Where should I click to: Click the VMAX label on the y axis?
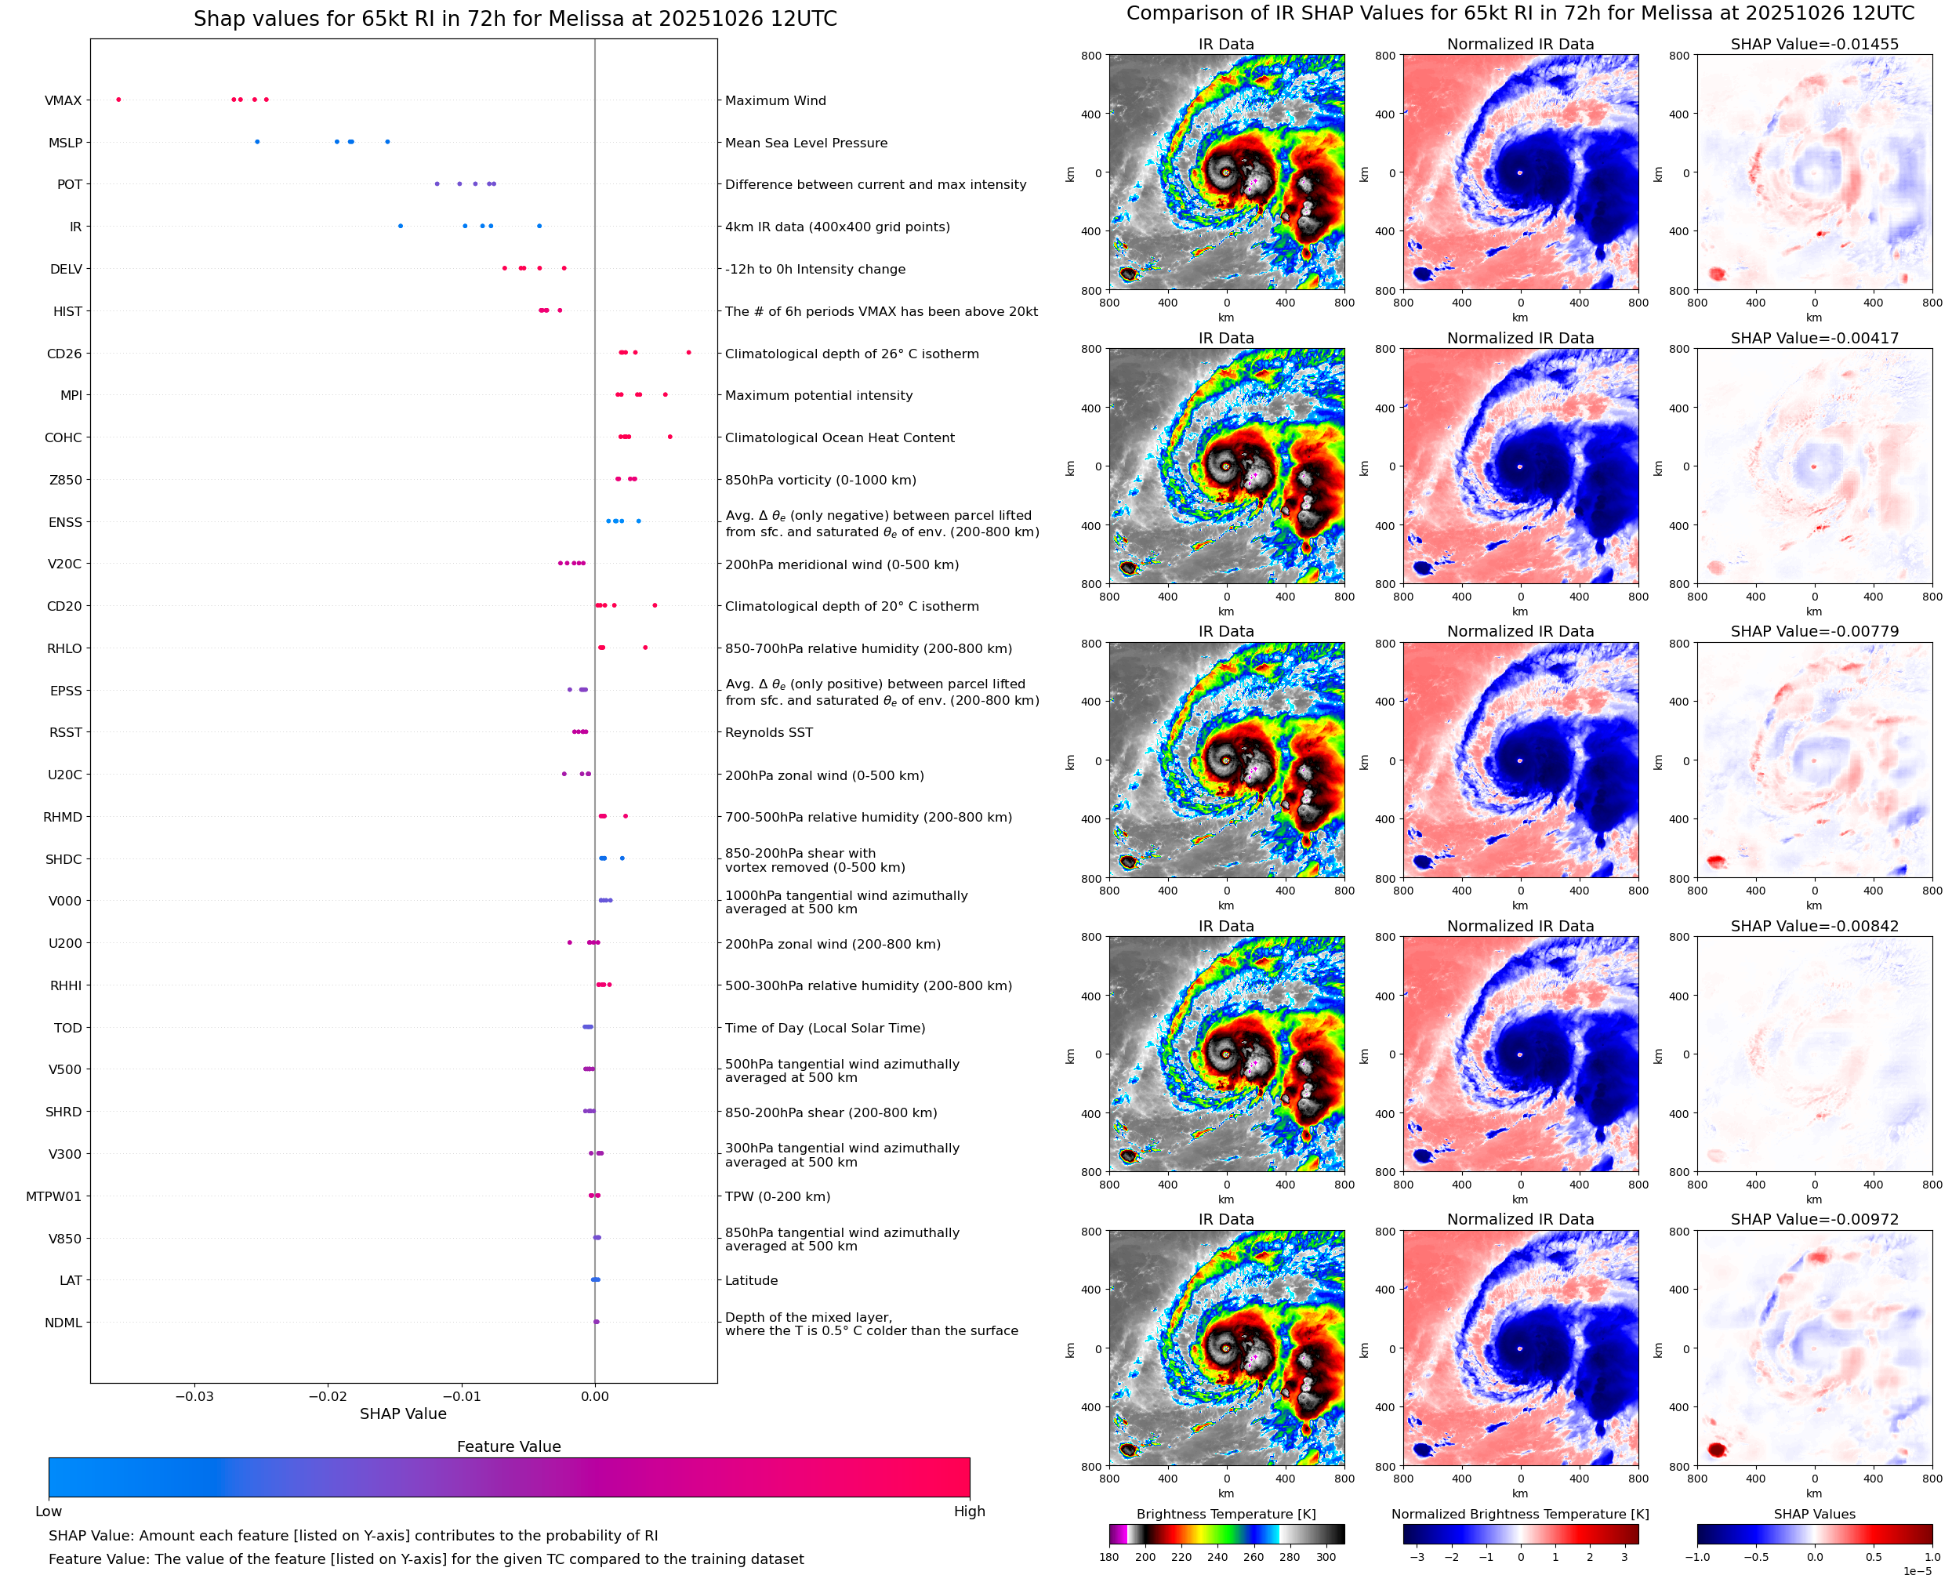click(x=63, y=100)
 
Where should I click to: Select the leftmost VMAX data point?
click(x=119, y=100)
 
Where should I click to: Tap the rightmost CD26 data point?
click(x=688, y=352)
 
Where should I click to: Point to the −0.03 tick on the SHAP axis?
click(x=194, y=1396)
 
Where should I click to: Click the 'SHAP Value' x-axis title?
click(x=403, y=1414)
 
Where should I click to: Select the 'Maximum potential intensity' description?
click(x=818, y=396)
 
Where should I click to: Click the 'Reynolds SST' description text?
click(x=768, y=733)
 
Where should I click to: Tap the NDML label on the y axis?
click(x=63, y=1323)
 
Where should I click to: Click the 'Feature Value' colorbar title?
click(x=509, y=1446)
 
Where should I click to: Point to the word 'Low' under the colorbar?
click(x=48, y=1511)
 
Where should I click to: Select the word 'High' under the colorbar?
click(x=969, y=1511)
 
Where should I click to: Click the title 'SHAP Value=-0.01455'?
click(x=1814, y=44)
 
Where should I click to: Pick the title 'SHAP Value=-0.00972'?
click(x=1814, y=1219)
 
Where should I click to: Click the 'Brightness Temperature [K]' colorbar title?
click(x=1225, y=1514)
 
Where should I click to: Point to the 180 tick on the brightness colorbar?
click(x=1109, y=1557)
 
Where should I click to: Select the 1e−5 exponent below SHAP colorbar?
click(x=1917, y=1570)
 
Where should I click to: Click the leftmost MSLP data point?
click(x=258, y=142)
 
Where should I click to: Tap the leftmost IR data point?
click(x=400, y=226)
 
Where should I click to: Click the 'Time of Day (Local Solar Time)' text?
click(x=825, y=1028)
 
